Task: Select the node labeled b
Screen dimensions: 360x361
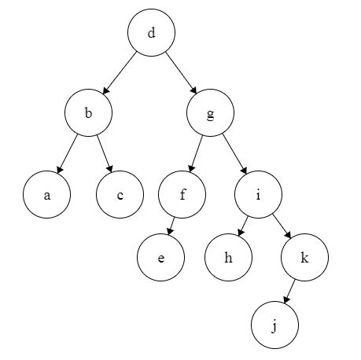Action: pos(88,113)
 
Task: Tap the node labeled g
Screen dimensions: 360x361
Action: pos(210,113)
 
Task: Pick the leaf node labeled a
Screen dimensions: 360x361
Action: pos(47,193)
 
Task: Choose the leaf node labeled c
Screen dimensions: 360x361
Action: pos(120,193)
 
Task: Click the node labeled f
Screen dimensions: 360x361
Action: pos(182,193)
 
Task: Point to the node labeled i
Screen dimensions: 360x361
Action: pos(257,193)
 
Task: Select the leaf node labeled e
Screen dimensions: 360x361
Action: pos(160,258)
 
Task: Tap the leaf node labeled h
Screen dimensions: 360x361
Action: pos(228,258)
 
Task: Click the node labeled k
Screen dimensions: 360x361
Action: pos(304,258)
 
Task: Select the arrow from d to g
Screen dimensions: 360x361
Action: pos(181,73)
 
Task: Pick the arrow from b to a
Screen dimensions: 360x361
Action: pos(68,153)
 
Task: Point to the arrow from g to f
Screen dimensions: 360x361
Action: pos(196,153)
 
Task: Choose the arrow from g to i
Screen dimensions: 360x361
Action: pos(234,153)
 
